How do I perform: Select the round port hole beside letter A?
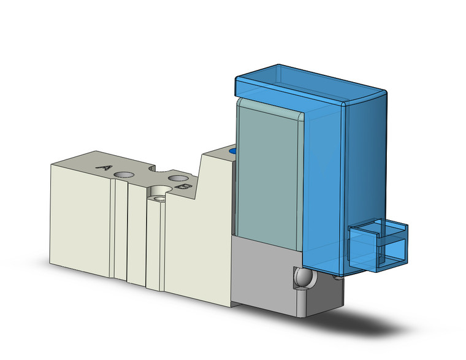click(x=124, y=175)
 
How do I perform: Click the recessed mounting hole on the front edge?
click(x=160, y=197)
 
